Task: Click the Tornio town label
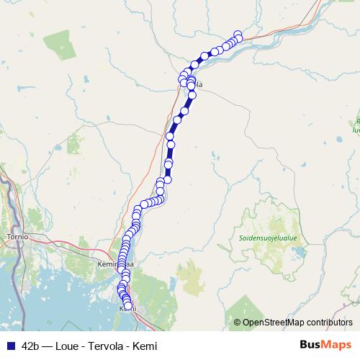click(x=16, y=236)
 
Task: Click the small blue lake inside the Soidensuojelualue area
click(x=294, y=252)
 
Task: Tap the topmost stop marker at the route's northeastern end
click(x=239, y=34)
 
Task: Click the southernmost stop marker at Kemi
click(x=129, y=307)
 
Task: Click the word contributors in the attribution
click(x=329, y=323)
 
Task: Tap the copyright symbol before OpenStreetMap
click(x=237, y=323)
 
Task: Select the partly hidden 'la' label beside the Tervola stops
click(x=199, y=85)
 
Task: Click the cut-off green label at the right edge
click(x=356, y=126)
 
